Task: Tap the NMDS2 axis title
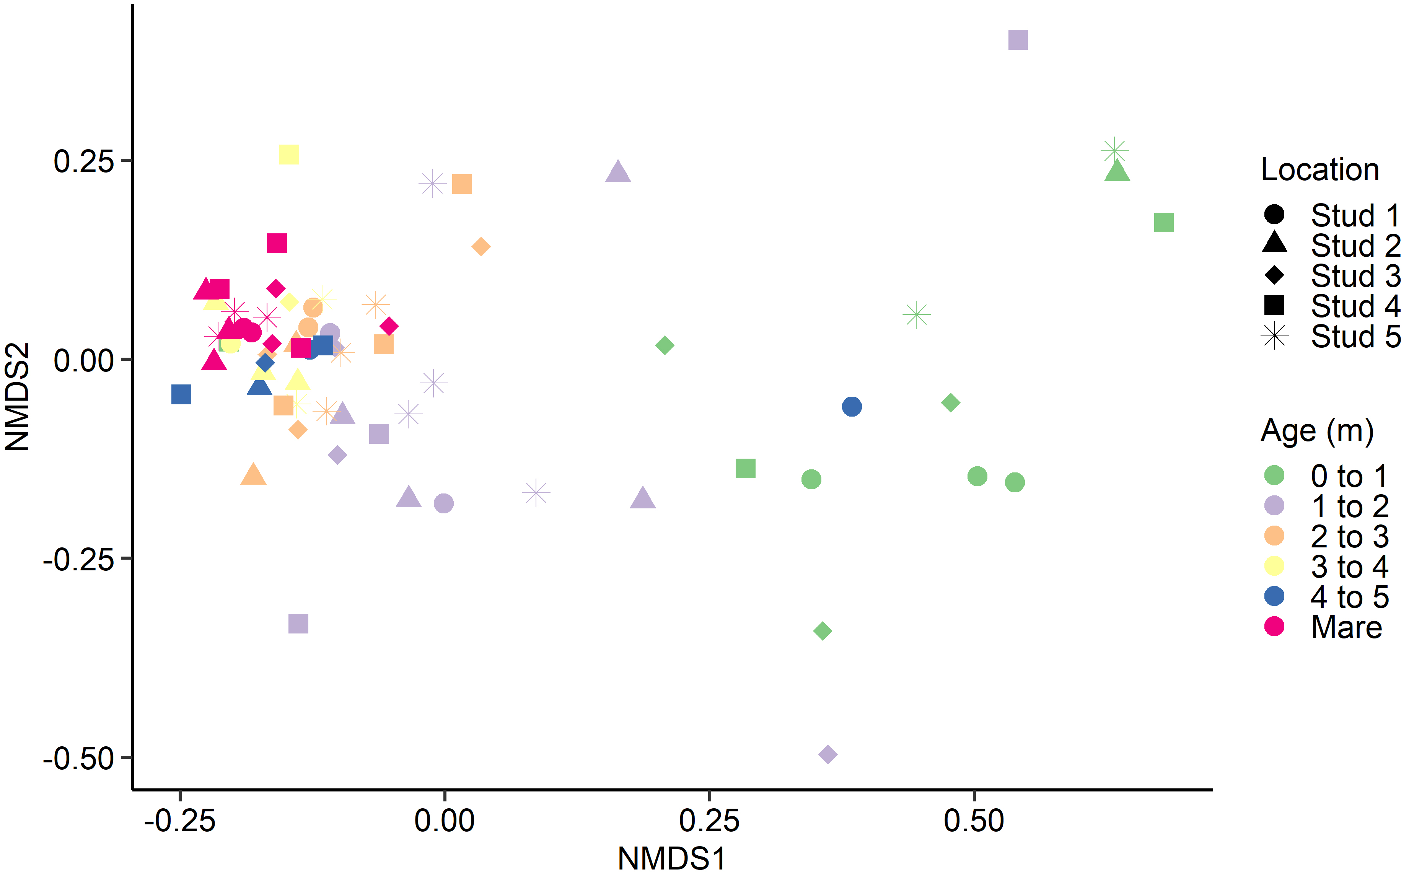17,397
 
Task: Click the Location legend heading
1320,170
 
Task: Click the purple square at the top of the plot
1018,40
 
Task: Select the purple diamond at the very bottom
828,754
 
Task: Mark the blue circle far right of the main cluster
852,407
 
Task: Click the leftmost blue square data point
181,394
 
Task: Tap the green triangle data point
1117,171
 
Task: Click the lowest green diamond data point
823,630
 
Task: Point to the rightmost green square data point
1164,223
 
